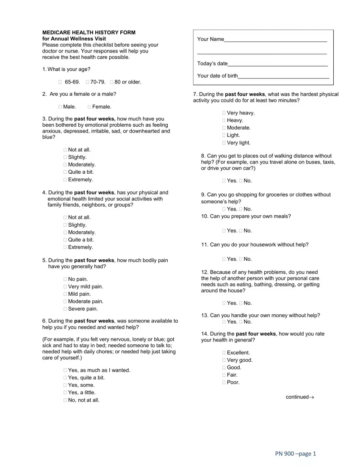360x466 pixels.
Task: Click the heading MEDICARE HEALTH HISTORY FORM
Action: pos(89,33)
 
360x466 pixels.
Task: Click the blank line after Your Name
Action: pos(275,39)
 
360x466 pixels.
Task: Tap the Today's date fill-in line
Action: pos(277,64)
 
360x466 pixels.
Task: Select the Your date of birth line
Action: pos(283,76)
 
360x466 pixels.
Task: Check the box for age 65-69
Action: pos(60,82)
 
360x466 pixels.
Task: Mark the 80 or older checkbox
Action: pos(111,82)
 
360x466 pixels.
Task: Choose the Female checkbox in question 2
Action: pos(89,107)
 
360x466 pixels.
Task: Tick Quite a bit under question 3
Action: pos(65,172)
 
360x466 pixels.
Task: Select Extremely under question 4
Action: pos(65,247)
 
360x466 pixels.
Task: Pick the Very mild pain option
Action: pos(65,287)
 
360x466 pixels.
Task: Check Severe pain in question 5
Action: pos(65,309)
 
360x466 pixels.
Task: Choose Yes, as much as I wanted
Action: pos(65,370)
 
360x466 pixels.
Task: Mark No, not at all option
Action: pos(65,400)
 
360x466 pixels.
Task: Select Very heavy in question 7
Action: pos(224,113)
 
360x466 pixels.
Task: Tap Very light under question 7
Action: pos(224,143)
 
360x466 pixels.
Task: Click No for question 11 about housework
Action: pos(241,259)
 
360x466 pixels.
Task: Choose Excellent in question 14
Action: pos(224,353)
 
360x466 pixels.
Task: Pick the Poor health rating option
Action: pos(224,383)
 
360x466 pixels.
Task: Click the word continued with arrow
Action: pos(300,397)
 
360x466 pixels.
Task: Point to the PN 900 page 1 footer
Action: pos(295,454)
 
